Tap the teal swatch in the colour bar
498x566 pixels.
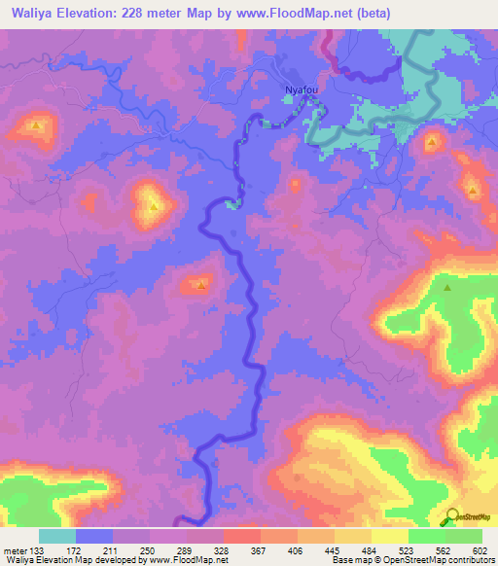[x=57, y=536]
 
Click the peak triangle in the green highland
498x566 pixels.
[x=447, y=288]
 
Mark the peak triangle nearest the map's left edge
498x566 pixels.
[x=36, y=125]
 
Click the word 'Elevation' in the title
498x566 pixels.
[x=88, y=14]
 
